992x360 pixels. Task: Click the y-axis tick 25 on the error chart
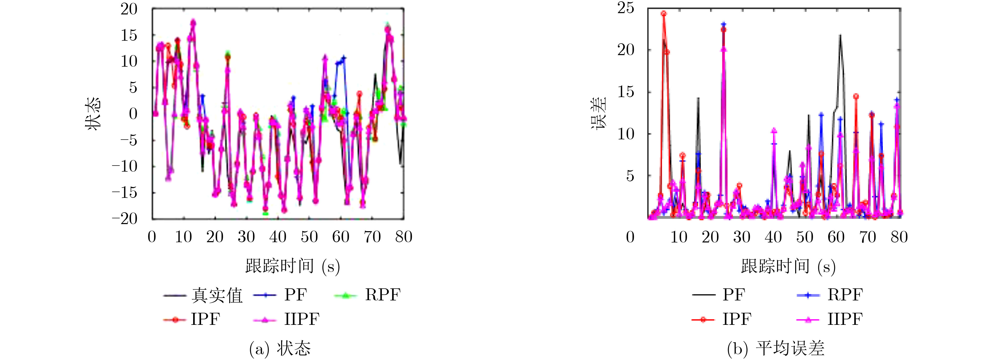tap(625, 8)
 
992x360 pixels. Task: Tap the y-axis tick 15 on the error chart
tap(625, 92)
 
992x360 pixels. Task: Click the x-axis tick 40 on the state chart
tap(278, 237)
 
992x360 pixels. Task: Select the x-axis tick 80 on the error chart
tap(899, 237)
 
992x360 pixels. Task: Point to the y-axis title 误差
tap(599, 114)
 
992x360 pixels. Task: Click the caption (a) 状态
tap(280, 348)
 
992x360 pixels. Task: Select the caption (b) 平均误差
tap(775, 348)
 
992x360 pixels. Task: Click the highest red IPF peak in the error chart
tap(663, 13)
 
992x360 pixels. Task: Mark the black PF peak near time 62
tap(840, 35)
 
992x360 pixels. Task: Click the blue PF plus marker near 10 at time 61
tap(344, 58)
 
